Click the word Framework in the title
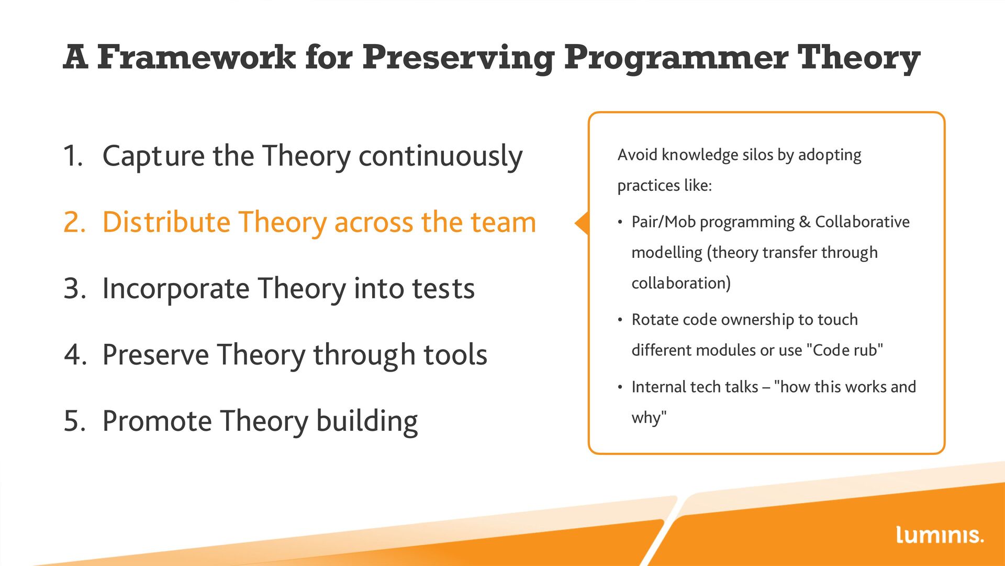196,57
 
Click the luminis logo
940,535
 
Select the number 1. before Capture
73,156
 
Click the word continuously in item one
440,157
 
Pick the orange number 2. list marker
74,222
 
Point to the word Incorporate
176,289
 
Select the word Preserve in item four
155,355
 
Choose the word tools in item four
455,355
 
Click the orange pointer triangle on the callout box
582,223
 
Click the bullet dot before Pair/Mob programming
620,223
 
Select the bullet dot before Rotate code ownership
620,320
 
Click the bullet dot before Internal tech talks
620,388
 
